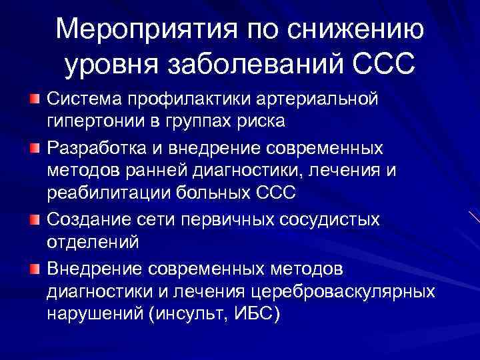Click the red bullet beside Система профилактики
coord(34,99)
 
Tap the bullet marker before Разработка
coord(34,145)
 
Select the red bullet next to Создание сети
coord(34,219)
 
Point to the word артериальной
coord(322,99)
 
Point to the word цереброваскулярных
coord(345,291)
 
